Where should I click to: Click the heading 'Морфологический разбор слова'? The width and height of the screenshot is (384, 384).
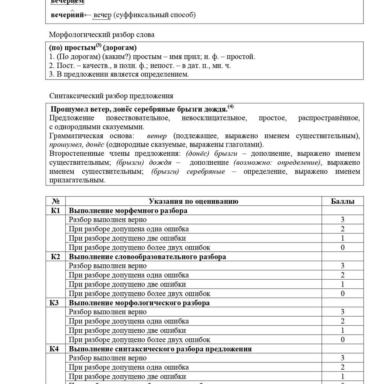click(x=102, y=35)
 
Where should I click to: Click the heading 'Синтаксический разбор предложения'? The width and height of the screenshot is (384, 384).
click(x=111, y=96)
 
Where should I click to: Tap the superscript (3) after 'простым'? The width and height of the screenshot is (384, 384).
click(x=99, y=46)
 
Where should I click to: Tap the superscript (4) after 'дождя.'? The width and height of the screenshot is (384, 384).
click(x=230, y=106)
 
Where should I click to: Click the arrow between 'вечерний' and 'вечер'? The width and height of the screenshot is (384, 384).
click(x=88, y=15)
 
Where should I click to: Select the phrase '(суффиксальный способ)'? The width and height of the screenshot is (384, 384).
click(x=154, y=15)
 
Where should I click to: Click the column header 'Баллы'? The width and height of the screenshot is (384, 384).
click(x=343, y=201)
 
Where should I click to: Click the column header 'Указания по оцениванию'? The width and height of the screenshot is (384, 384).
click(x=193, y=201)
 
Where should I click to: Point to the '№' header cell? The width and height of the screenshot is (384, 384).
click(x=55, y=201)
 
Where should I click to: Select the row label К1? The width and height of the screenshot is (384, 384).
click(x=55, y=211)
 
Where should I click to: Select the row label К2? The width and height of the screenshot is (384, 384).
click(x=55, y=257)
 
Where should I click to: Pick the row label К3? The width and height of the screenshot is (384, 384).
click(x=54, y=303)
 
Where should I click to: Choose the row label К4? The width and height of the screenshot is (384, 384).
click(x=54, y=349)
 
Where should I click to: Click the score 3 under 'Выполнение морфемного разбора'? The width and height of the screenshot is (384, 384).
click(x=343, y=220)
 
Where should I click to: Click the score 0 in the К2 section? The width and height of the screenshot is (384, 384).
click(x=343, y=293)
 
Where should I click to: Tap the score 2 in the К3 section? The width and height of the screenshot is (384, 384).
click(x=343, y=321)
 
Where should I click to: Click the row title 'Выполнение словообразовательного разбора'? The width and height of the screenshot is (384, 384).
click(x=147, y=257)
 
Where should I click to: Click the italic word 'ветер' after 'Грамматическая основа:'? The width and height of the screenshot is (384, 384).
click(x=157, y=136)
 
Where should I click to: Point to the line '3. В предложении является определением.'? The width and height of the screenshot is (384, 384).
click(x=119, y=74)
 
